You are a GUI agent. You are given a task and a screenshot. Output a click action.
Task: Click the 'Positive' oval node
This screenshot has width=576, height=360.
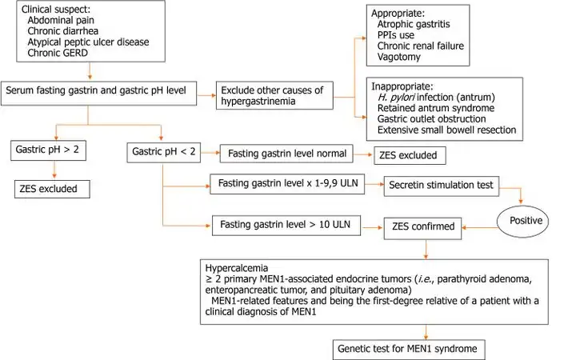point(525,219)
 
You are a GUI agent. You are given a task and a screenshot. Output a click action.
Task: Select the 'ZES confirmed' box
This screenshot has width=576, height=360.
point(424,226)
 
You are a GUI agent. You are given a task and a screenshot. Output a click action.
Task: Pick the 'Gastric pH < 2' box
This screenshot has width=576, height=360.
point(162,150)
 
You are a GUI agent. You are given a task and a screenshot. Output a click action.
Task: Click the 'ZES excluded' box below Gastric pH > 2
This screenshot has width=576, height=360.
point(50,189)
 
